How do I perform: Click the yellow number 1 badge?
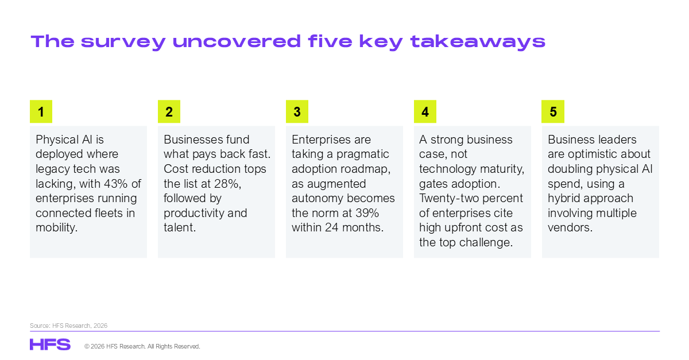41,111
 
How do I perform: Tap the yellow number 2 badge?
169,111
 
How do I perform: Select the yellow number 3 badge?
297,111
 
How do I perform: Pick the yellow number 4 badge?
425,111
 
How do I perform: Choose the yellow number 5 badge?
553,111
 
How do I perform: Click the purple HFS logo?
50,344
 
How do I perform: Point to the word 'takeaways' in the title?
478,42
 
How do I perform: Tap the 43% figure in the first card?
115,184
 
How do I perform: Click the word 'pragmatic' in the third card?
362,154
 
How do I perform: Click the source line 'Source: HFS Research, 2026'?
68,326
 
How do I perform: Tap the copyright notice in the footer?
142,346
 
